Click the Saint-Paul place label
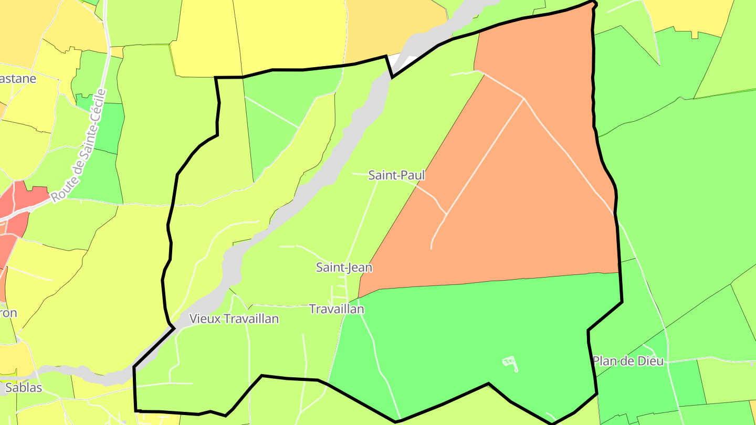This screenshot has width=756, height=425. tap(396, 175)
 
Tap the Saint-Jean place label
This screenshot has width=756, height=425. tap(344, 268)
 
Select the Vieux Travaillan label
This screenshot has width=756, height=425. tap(234, 318)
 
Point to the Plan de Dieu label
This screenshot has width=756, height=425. tap(628, 361)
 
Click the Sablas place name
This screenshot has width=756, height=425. tap(23, 388)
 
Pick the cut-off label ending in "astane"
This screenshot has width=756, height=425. tap(18, 79)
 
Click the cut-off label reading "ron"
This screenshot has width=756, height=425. tap(8, 313)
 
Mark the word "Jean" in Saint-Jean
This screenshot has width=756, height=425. tap(360, 268)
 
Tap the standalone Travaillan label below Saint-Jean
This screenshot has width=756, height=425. tap(337, 309)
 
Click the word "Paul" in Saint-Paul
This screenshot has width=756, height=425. tap(412, 175)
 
